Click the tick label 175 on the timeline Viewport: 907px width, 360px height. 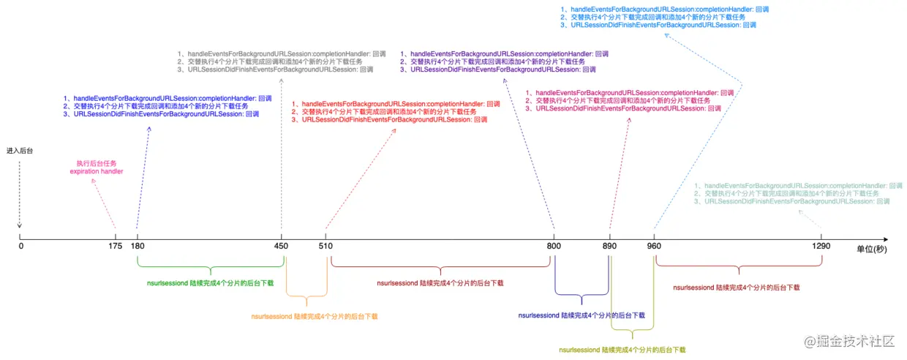(x=116, y=247)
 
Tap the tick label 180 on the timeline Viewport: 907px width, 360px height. (x=137, y=247)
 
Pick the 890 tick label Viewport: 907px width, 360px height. (x=609, y=247)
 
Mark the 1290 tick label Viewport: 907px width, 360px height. (x=821, y=247)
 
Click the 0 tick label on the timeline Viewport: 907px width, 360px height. (x=20, y=247)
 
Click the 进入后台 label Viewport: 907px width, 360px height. (x=20, y=150)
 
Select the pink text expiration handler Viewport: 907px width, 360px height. (x=97, y=171)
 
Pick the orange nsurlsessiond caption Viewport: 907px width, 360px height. (x=315, y=317)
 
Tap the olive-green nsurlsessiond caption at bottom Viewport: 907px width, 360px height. (x=622, y=350)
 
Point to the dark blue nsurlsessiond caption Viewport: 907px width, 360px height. (x=582, y=315)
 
